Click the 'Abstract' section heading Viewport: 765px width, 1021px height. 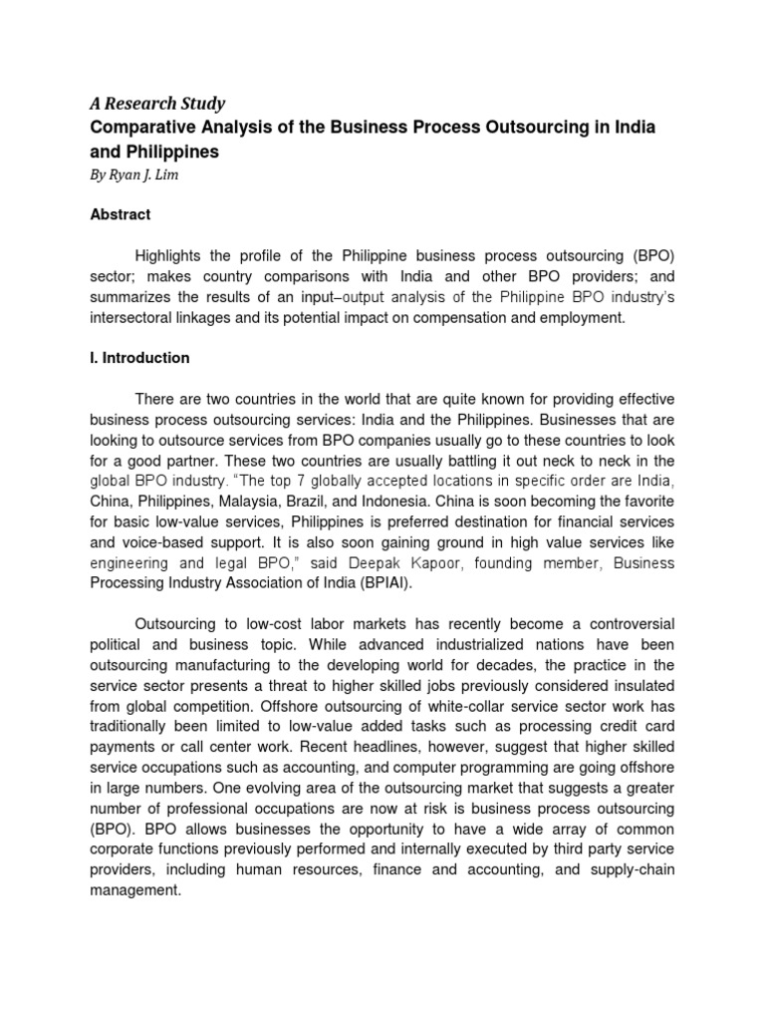121,214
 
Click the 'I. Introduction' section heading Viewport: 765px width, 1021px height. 139,358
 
